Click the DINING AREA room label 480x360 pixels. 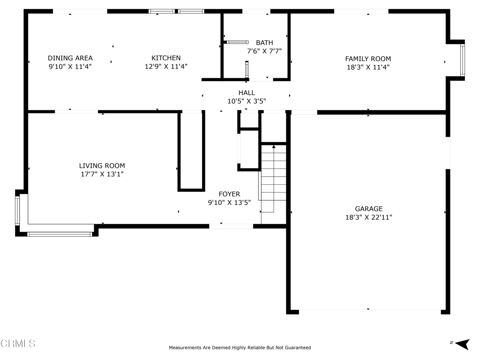[70, 58]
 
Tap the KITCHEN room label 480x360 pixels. [166, 58]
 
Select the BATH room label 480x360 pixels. [264, 43]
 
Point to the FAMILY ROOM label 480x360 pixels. [368, 59]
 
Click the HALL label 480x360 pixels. [247, 92]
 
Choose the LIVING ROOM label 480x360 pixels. [102, 165]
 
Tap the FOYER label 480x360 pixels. [229, 194]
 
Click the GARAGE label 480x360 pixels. [368, 209]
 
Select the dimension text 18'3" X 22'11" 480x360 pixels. [368, 217]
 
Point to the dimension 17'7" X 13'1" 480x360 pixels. [102, 174]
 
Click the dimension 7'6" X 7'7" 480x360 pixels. [264, 51]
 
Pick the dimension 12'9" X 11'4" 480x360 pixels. [166, 66]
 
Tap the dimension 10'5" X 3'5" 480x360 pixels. [247, 101]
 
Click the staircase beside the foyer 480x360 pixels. [273, 179]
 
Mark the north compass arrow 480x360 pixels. [462, 344]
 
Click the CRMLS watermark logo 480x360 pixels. [18, 343]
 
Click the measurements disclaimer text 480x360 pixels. [240, 347]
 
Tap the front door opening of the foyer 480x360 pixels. [231, 226]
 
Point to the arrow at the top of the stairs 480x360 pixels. [274, 147]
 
